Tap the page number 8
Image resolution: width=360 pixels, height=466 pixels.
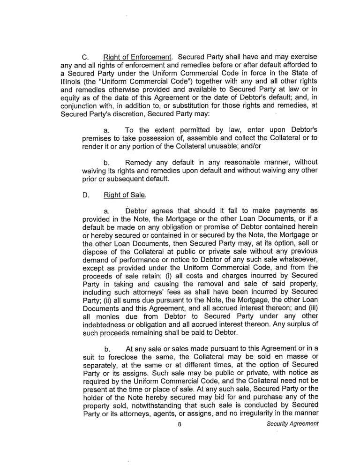point(180,425)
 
